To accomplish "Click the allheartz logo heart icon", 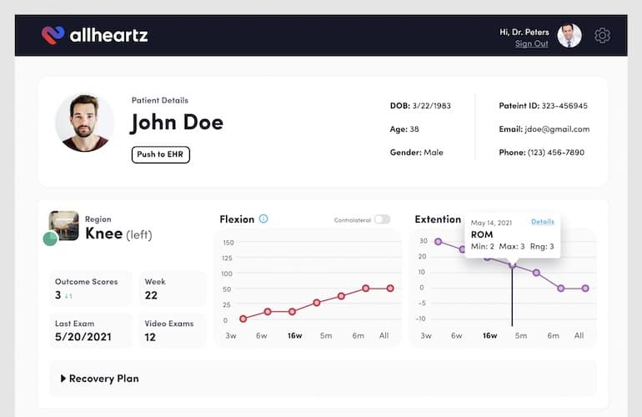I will (53, 35).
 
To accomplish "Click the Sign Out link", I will (531, 43).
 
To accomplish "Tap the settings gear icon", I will (602, 35).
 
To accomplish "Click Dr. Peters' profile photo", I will (569, 35).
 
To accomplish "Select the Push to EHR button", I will (160, 154).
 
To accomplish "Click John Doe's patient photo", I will (84, 122).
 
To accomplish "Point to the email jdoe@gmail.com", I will (556, 129).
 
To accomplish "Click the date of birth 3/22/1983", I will (430, 106).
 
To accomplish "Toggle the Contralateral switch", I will (381, 219).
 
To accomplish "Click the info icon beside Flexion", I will (263, 219).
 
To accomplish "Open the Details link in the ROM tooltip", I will (542, 222).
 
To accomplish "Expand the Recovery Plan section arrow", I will (63, 379).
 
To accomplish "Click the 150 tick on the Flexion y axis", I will (228, 243).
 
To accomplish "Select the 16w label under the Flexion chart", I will (294, 335).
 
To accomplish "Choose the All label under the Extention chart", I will (579, 335).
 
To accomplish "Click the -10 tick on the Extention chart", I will (421, 319).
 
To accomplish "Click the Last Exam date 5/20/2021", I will (83, 337).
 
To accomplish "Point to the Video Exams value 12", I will (150, 337).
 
